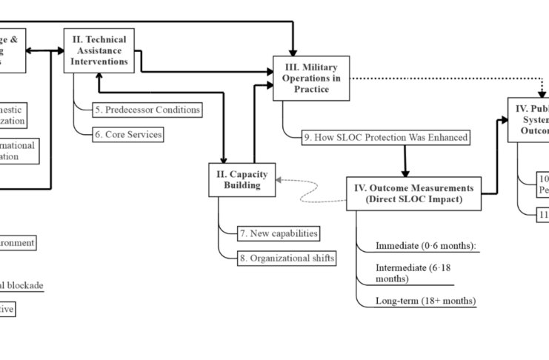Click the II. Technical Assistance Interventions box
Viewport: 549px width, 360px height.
coord(103,50)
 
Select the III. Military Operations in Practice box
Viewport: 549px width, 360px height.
coord(310,78)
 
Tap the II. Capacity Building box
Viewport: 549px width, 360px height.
coord(242,180)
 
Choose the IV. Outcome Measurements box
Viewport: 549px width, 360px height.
coord(413,193)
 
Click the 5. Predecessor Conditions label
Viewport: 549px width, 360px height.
coord(147,110)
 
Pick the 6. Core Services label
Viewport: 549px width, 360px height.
coord(127,134)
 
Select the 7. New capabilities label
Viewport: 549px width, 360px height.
coord(278,233)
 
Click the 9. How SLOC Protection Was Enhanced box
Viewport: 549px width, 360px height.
coord(387,138)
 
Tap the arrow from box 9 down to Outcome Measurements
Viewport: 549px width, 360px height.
coord(405,160)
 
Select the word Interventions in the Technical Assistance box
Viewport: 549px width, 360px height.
coord(103,61)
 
